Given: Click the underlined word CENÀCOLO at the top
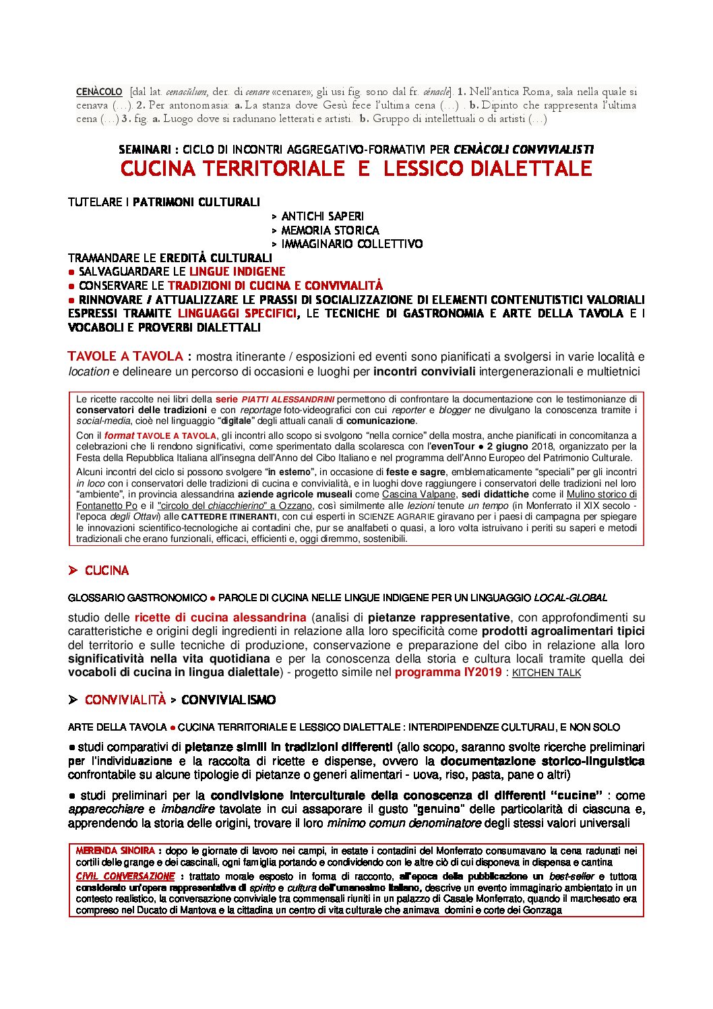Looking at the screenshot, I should [x=99, y=92].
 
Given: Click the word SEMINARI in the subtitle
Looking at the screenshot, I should [x=144, y=150].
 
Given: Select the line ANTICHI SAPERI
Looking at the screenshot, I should [x=322, y=216].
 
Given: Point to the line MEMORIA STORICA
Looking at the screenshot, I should [x=330, y=231].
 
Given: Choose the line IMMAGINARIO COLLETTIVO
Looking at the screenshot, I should [x=352, y=244].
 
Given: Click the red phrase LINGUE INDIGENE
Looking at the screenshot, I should [x=237, y=272].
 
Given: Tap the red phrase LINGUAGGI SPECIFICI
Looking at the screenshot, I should [x=237, y=313].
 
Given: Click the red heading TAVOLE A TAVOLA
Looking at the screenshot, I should [x=125, y=357].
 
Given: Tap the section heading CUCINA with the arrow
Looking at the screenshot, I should [x=106, y=571].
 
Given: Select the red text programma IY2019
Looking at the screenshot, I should [x=448, y=672].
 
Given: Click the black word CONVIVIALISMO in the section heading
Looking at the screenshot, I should [x=228, y=700].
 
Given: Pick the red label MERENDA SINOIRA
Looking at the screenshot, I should [x=115, y=851].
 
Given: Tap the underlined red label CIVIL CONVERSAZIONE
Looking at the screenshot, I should [x=125, y=876].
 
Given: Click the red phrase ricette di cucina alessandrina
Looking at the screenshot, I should [x=220, y=617].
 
